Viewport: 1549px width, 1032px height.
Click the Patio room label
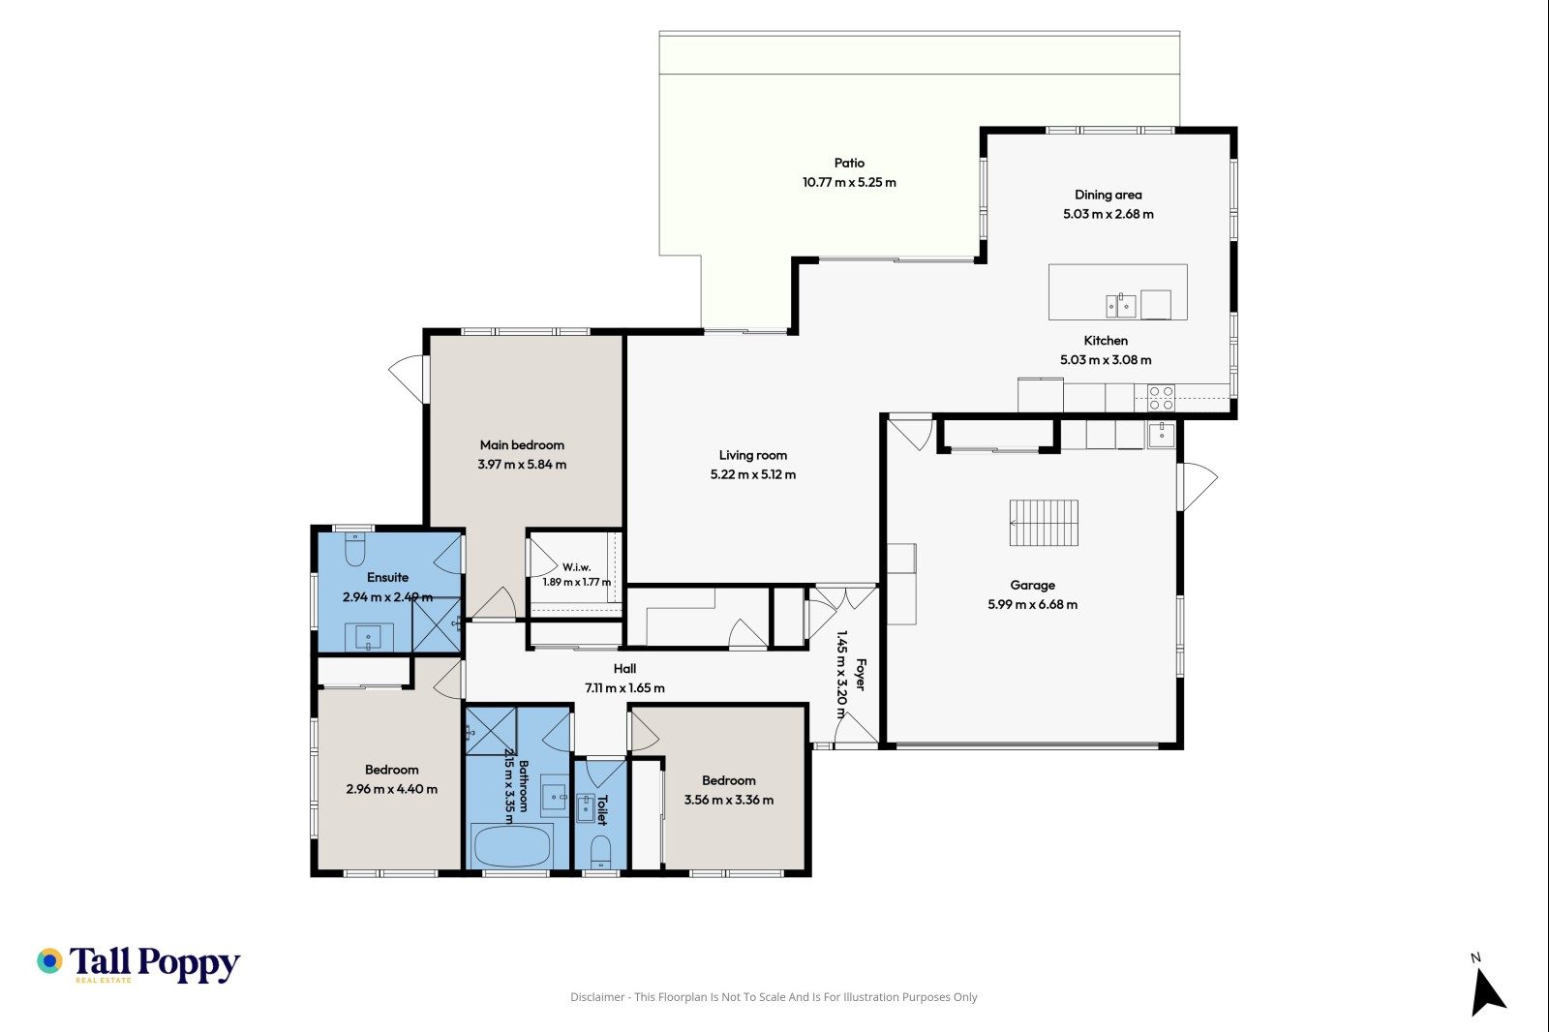tap(849, 164)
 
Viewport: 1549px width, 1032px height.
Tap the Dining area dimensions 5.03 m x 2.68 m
tap(1108, 214)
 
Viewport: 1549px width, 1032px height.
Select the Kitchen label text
tap(1105, 341)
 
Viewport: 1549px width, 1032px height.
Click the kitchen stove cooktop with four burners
tap(1161, 399)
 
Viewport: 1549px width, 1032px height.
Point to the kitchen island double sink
tap(1120, 305)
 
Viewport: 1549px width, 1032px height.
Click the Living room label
tap(752, 455)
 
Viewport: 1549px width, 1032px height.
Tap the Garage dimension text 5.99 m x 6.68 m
tap(1032, 604)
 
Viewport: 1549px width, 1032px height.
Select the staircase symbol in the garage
tap(1044, 523)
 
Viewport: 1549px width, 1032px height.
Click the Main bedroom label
tap(522, 444)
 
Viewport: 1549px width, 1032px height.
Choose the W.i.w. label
tap(577, 567)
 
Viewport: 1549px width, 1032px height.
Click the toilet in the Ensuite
tap(354, 549)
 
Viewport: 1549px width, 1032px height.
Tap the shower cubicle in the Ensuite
tap(437, 624)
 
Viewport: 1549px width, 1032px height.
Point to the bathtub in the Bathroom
tap(512, 845)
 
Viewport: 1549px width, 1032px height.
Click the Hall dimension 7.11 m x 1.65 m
tap(624, 688)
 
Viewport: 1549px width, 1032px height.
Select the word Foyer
tap(861, 675)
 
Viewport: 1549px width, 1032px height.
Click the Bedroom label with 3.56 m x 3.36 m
tap(729, 781)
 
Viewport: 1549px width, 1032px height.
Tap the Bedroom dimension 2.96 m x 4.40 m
tap(391, 789)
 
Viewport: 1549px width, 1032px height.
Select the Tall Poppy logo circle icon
tap(49, 960)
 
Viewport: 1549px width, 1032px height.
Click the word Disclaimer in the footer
tap(597, 997)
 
